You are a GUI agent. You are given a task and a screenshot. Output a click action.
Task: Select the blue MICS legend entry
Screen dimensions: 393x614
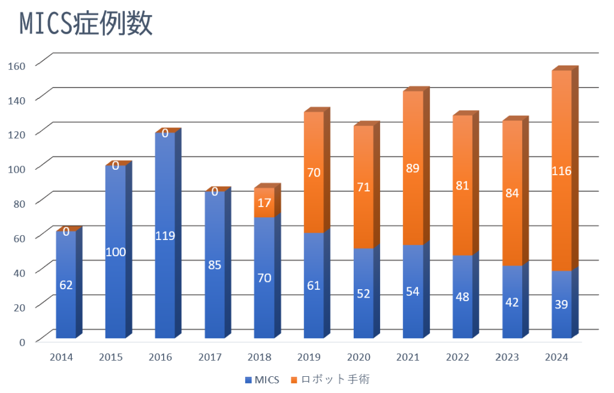pos(263,379)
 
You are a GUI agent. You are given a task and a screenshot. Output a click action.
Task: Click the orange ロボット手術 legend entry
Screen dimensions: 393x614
pos(333,379)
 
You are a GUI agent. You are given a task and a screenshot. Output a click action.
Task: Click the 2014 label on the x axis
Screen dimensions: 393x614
pos(61,358)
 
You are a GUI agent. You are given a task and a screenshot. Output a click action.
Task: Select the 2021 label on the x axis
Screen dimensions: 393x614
pos(408,358)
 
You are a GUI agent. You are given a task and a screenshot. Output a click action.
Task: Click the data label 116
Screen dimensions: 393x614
pos(561,171)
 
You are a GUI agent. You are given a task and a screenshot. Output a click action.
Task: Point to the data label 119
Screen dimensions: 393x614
pos(165,235)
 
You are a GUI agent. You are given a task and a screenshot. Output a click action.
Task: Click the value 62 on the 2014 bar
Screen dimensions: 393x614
pos(66,284)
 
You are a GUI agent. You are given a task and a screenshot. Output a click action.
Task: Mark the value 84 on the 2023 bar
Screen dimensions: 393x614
pos(512,193)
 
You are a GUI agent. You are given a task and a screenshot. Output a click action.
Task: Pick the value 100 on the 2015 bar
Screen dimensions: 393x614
pos(116,252)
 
